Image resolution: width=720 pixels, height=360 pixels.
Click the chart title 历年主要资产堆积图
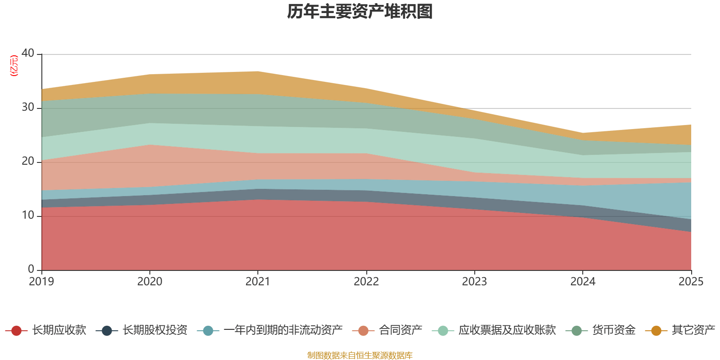[x=360, y=12]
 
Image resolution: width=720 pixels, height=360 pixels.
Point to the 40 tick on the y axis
[x=28, y=53]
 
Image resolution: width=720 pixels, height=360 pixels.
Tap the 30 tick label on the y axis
[x=28, y=107]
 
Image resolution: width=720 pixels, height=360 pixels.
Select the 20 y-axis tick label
[x=28, y=161]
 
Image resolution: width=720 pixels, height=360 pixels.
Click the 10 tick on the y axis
[x=28, y=215]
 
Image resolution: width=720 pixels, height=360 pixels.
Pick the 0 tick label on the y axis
[x=31, y=269]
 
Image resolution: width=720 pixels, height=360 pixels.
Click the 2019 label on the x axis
[x=41, y=282]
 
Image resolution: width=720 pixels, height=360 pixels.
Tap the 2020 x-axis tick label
[x=150, y=282]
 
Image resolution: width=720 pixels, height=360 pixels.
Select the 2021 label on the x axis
[x=258, y=282]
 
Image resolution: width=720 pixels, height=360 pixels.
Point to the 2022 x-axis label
[x=366, y=282]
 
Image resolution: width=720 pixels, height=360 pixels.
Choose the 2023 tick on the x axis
[x=474, y=282]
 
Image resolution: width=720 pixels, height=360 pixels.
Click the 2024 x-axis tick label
[x=583, y=282]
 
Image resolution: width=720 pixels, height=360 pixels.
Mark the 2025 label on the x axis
[x=691, y=282]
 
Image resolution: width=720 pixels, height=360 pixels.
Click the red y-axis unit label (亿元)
[x=14, y=66]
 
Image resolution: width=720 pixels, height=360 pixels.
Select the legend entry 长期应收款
[x=58, y=330]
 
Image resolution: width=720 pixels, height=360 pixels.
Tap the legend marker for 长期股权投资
[x=107, y=331]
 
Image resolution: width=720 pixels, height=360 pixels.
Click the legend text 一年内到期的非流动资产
[x=283, y=330]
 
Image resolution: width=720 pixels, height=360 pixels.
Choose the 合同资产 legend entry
[x=400, y=330]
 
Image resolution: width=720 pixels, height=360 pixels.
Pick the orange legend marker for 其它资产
[x=656, y=331]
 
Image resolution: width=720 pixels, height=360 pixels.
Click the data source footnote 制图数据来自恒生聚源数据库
[x=360, y=355]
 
